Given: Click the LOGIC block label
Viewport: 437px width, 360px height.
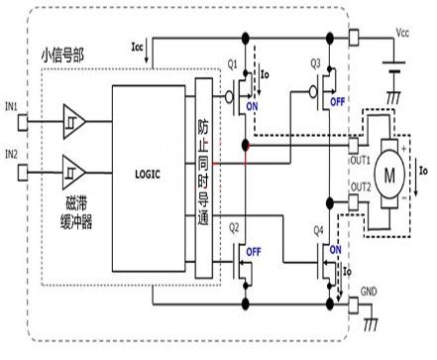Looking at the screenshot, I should point(146,174).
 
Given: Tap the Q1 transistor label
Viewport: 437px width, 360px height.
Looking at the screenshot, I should point(233,64).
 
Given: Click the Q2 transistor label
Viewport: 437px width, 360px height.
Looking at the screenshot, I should point(234,225).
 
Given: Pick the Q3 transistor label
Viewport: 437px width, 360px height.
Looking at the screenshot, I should point(315,64).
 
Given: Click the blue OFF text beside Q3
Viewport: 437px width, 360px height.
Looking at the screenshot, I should point(337,100).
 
